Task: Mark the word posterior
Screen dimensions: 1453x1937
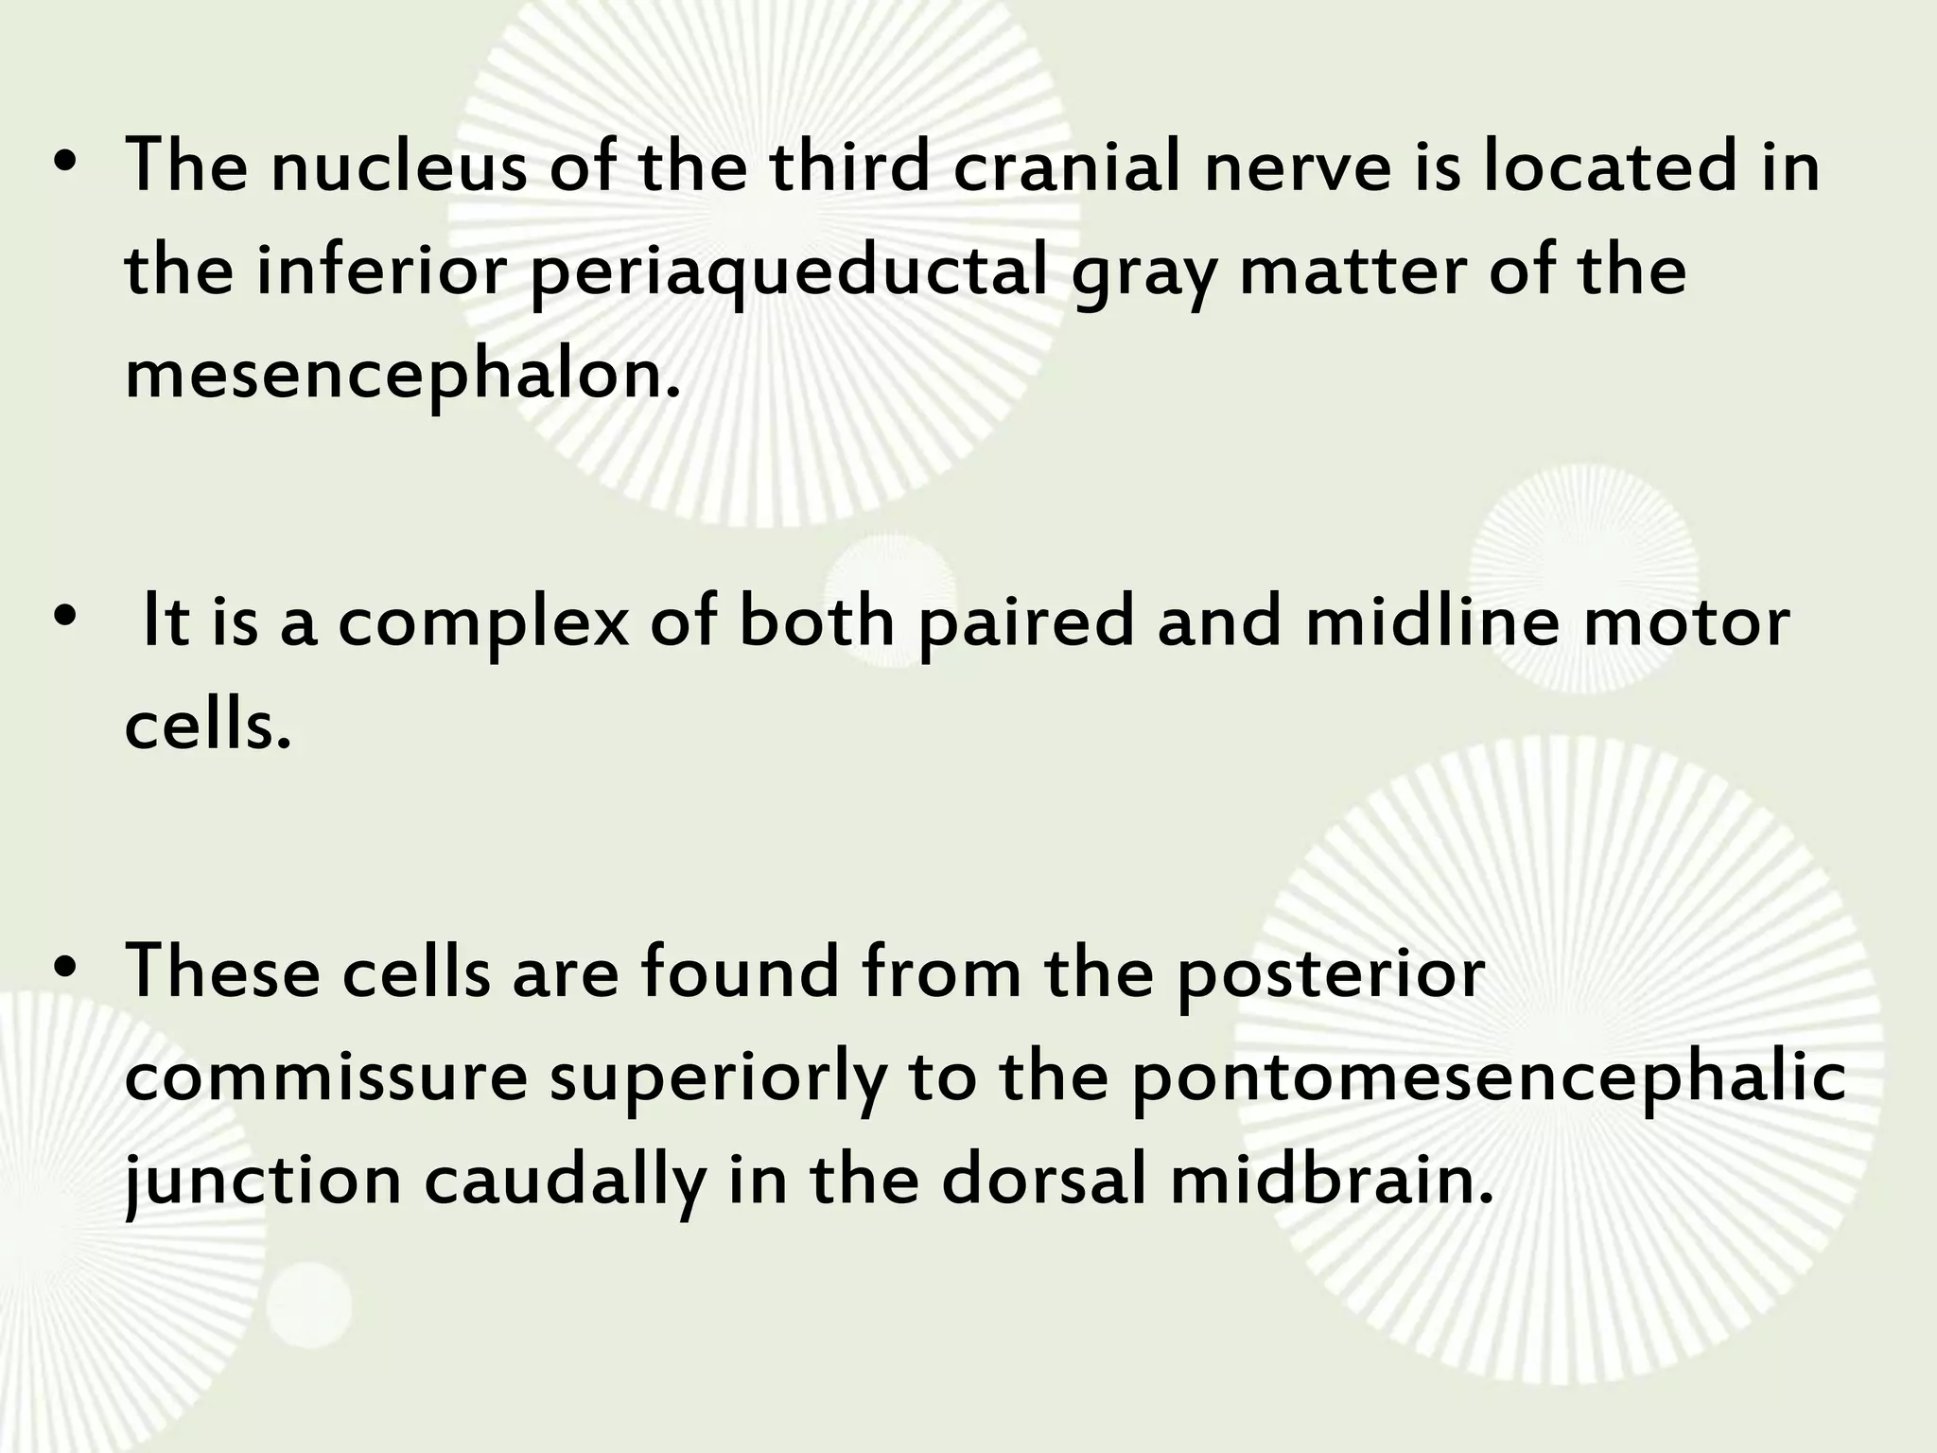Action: [1330, 975]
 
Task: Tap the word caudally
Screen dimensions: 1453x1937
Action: [565, 1183]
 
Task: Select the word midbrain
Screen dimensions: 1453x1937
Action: [1331, 1182]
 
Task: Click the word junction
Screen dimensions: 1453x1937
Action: [264, 1183]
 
